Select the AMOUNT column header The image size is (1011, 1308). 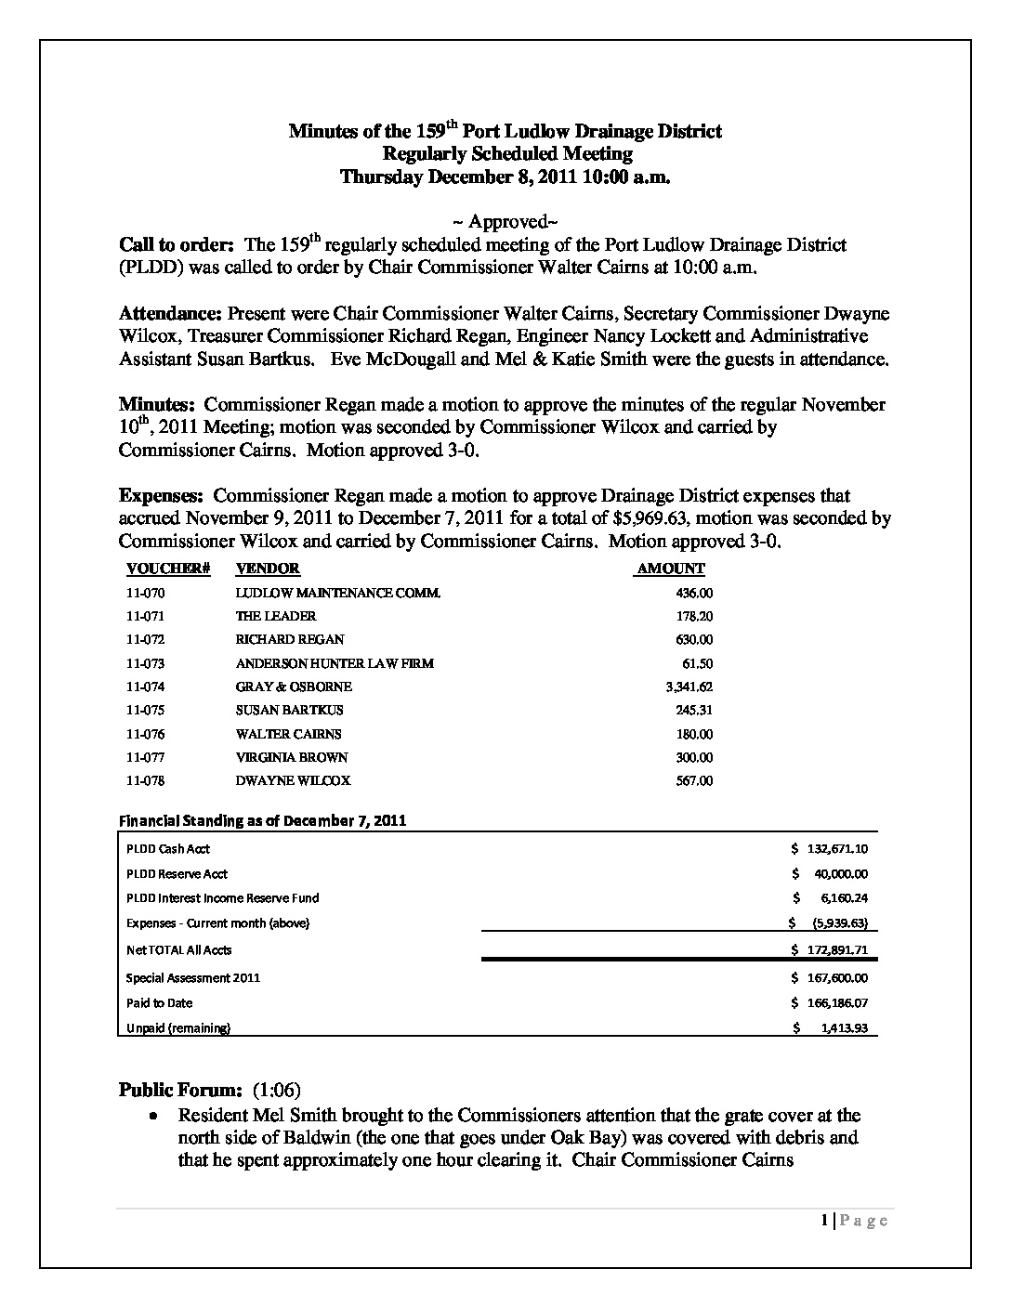(x=671, y=569)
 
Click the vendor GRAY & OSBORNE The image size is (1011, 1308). (x=294, y=687)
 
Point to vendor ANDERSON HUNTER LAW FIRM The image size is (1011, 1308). (x=335, y=663)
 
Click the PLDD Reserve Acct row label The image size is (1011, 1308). (x=177, y=873)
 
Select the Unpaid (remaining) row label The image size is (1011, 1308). (x=178, y=1027)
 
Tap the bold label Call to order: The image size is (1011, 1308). (x=177, y=245)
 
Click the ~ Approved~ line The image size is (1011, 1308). (x=505, y=222)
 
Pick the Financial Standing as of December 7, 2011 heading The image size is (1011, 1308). (x=262, y=820)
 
